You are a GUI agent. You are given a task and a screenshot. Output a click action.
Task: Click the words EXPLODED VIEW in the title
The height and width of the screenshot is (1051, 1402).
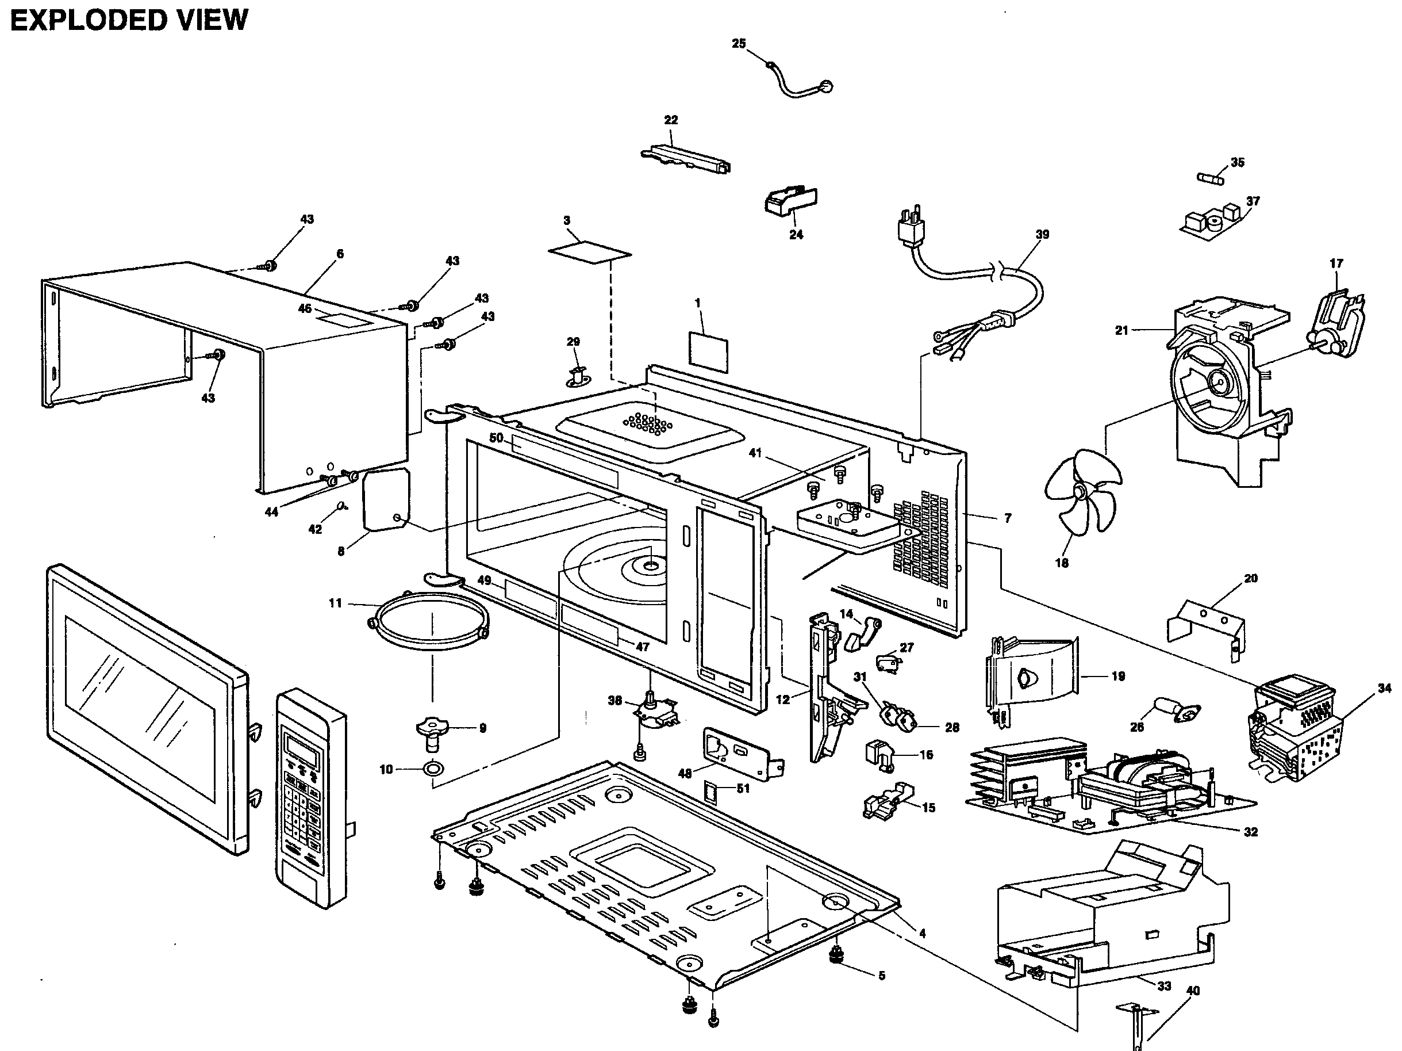[129, 20]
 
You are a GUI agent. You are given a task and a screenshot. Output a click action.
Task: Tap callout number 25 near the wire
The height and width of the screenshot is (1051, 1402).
[739, 44]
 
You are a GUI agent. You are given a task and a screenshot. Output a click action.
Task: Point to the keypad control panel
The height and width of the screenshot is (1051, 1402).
[311, 796]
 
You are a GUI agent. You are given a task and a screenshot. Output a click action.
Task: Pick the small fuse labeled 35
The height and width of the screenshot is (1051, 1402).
[1211, 179]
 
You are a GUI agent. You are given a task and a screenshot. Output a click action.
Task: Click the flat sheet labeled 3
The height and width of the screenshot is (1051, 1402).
[589, 252]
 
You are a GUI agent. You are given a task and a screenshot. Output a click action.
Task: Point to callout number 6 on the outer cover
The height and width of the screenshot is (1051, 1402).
[340, 254]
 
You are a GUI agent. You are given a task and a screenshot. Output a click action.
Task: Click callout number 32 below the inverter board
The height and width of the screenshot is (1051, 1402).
[1250, 832]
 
